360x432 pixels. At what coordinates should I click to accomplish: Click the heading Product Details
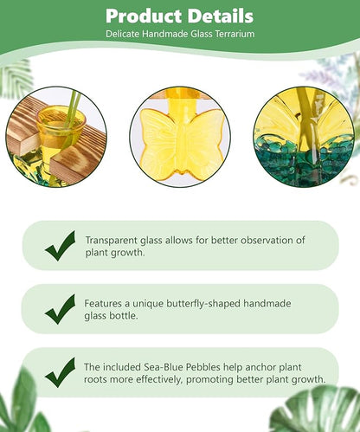[179, 16]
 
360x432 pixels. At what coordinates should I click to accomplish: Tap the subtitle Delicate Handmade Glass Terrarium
[179, 34]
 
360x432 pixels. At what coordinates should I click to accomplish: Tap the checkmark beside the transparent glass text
[60, 246]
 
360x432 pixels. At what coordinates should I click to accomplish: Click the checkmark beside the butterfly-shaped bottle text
[60, 309]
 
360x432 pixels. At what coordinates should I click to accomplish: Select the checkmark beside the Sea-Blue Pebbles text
[60, 372]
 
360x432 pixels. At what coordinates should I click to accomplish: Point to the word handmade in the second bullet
[259, 304]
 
